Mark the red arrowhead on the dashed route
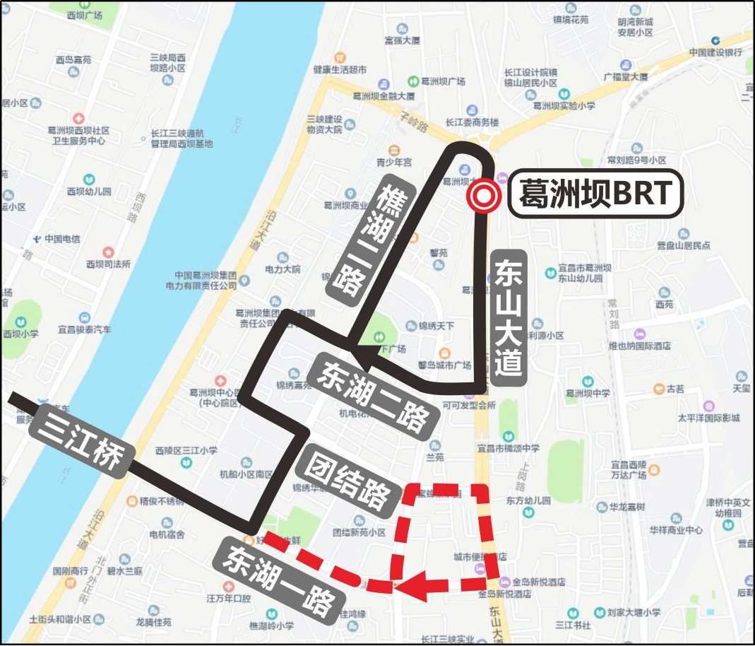[417, 586]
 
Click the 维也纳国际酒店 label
[639, 346]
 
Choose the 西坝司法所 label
[108, 264]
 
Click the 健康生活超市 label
[340, 69]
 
